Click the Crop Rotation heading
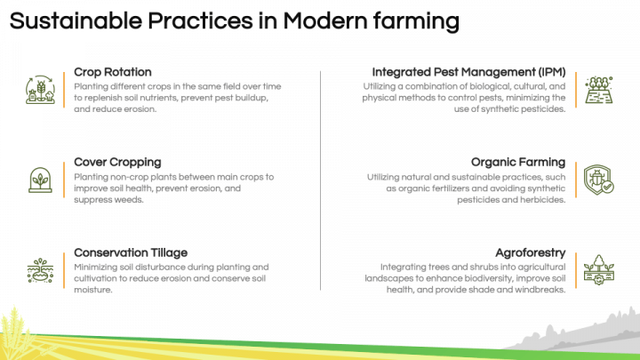(x=112, y=72)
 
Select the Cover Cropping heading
(x=117, y=163)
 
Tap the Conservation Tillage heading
(x=130, y=252)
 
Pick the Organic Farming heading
(x=517, y=163)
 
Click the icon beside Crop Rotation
(x=41, y=90)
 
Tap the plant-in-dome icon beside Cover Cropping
(x=41, y=180)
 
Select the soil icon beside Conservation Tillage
(x=41, y=269)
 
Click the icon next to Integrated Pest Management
(x=598, y=90)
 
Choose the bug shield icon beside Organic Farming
(x=598, y=180)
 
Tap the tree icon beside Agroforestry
(x=598, y=269)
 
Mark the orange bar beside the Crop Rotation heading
(x=65, y=90)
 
